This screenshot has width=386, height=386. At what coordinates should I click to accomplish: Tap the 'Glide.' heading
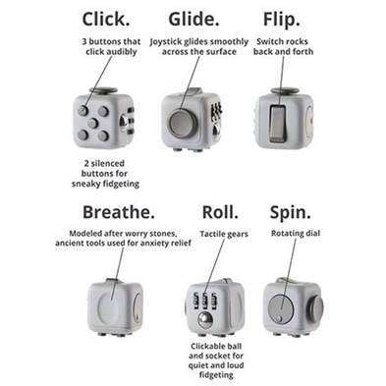tap(201, 19)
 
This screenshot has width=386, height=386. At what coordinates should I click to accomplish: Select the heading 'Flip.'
tap(281, 19)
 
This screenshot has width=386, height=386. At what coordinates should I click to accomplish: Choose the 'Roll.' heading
tap(220, 212)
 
